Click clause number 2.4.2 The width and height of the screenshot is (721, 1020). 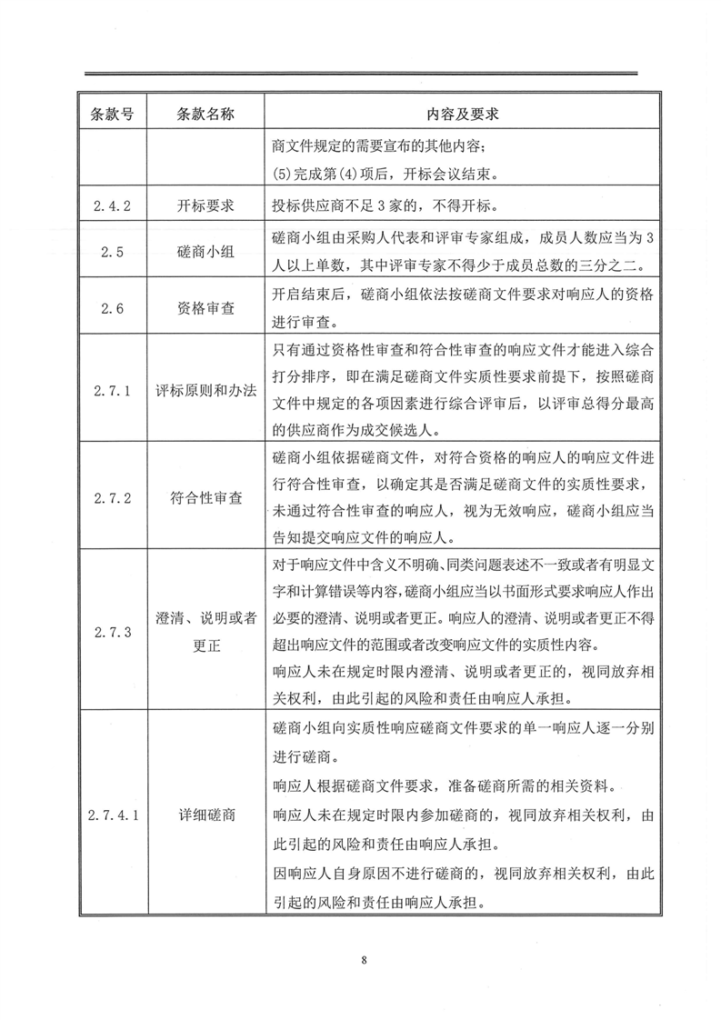[x=113, y=205]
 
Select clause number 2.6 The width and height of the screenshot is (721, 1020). [x=113, y=308]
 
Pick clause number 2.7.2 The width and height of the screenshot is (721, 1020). [x=113, y=497]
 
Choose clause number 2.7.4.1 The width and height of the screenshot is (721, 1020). [x=113, y=814]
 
